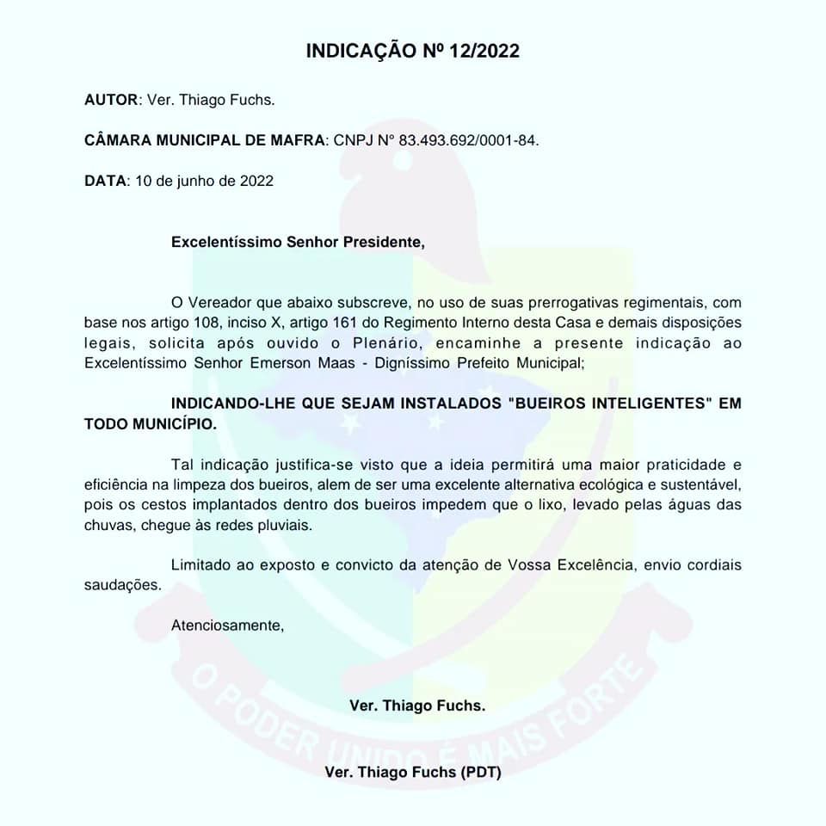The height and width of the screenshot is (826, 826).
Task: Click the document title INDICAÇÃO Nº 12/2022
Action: (412, 51)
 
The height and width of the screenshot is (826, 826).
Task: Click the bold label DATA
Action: (104, 181)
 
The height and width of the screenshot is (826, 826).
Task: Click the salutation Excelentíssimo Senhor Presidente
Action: (298, 242)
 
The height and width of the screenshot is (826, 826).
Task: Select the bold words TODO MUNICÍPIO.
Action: (151, 424)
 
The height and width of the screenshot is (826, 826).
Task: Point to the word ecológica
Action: (581, 484)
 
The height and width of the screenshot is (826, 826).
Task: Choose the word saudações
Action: (121, 584)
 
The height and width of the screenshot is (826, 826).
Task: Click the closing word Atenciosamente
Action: (227, 626)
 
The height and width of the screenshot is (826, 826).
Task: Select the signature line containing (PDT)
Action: (413, 772)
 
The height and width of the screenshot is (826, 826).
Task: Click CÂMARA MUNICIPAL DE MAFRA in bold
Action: (206, 140)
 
